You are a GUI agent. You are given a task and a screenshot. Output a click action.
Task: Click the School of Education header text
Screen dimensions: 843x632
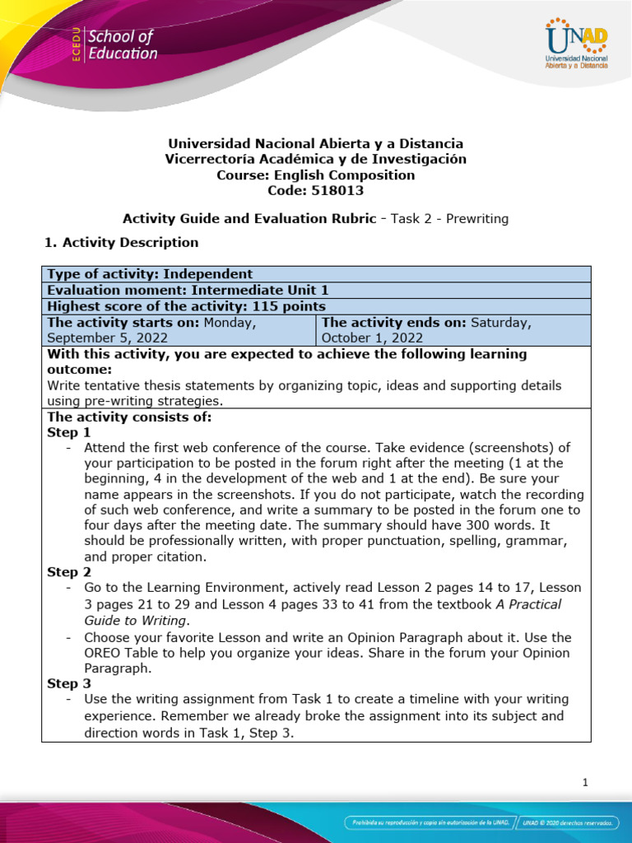[x=122, y=45]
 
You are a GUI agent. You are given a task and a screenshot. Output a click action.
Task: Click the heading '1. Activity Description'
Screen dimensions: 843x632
[x=120, y=242]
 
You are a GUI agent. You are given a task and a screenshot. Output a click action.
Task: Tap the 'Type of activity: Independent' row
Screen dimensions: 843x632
[x=150, y=274]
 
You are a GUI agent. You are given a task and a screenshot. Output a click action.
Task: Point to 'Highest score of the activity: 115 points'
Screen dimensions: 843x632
[x=187, y=306]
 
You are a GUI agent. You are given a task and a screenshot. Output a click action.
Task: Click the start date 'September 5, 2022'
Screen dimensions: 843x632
[x=108, y=338]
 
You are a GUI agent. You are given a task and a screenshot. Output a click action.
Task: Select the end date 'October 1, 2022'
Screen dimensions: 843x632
[x=372, y=338]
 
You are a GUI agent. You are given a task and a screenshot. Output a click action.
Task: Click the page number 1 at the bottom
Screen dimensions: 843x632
[x=585, y=783]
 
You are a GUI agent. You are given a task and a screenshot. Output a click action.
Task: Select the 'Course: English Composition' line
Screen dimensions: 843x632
[x=315, y=175]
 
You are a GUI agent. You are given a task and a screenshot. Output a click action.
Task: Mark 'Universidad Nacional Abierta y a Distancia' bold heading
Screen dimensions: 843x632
[x=315, y=143]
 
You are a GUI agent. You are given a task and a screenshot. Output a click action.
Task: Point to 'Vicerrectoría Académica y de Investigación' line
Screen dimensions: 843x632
[x=315, y=159]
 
